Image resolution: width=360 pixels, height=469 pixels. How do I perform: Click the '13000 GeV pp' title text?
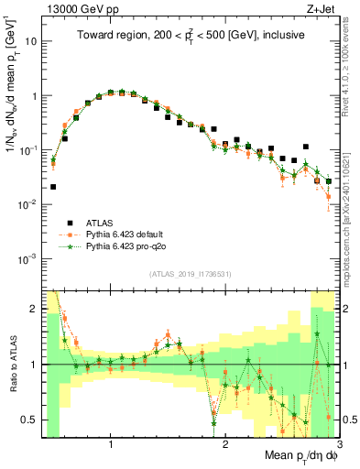76,8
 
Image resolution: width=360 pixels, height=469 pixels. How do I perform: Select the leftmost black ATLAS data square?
53,187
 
